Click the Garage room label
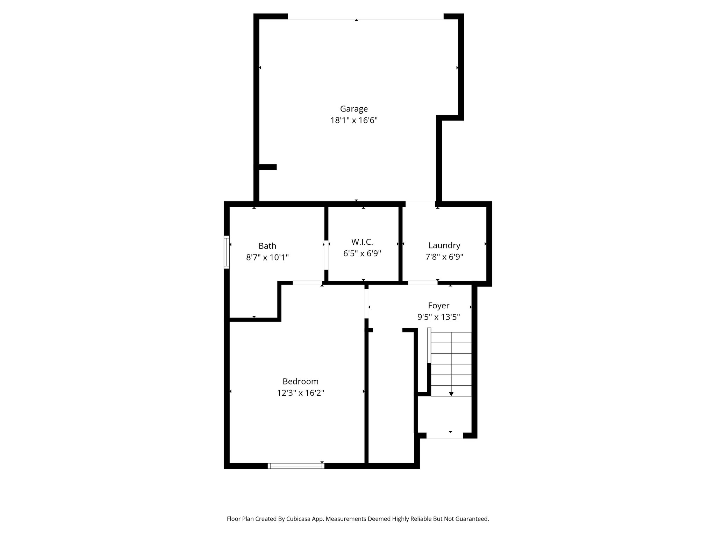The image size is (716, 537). click(x=354, y=109)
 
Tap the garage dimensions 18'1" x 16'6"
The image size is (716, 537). click(x=354, y=121)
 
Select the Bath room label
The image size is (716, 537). click(x=267, y=246)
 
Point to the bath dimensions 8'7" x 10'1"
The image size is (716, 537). click(x=267, y=258)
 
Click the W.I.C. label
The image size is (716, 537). click(x=362, y=242)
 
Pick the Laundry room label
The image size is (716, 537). click(x=444, y=245)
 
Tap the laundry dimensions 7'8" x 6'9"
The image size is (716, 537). click(x=444, y=257)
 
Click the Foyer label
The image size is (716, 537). click(x=438, y=306)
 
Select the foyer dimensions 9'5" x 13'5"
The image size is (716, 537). click(x=438, y=317)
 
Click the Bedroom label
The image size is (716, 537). click(x=300, y=381)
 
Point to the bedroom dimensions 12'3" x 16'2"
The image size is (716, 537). click(x=300, y=393)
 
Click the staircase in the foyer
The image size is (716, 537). click(x=451, y=364)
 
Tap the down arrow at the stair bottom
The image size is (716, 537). click(x=451, y=394)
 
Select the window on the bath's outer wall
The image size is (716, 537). click(x=227, y=252)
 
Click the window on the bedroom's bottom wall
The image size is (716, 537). click(x=296, y=466)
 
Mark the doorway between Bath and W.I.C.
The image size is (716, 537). click(x=326, y=255)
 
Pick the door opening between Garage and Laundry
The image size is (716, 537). click(x=420, y=203)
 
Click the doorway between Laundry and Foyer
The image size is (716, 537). click(x=422, y=282)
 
